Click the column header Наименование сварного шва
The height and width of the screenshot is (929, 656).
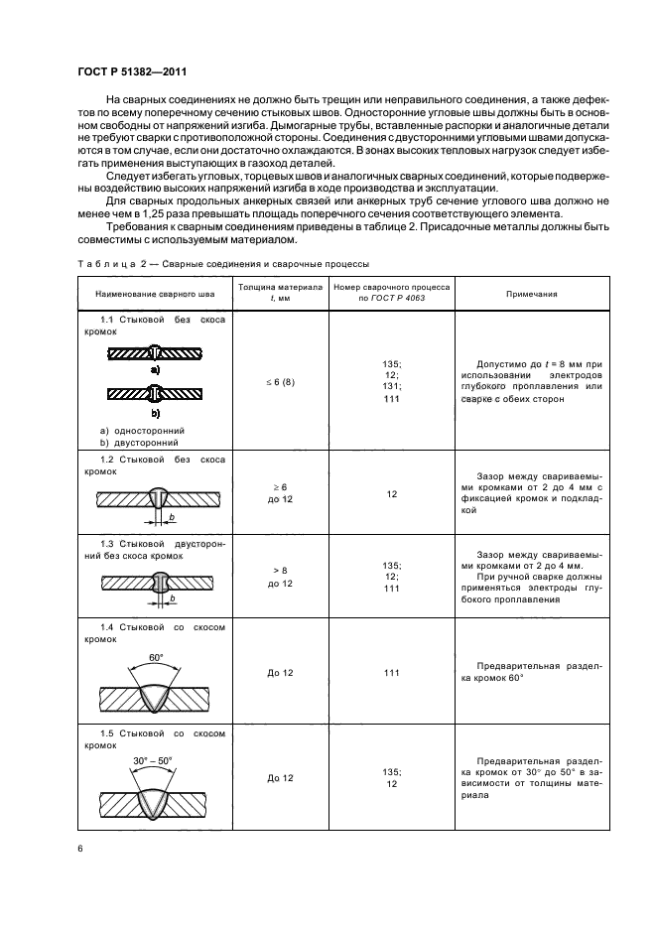(155, 294)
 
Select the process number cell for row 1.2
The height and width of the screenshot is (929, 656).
(391, 493)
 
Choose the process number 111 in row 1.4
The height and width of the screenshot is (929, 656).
(391, 673)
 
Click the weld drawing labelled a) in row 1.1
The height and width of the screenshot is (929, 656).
(155, 353)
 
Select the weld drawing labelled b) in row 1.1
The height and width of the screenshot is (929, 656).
(155, 395)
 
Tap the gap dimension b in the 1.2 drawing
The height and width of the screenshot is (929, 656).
(172, 518)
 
